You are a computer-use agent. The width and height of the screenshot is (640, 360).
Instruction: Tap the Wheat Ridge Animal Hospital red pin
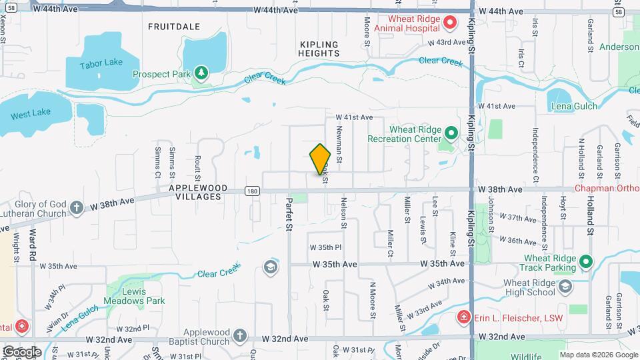[449, 24]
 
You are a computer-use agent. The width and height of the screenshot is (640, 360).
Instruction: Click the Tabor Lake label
[101, 64]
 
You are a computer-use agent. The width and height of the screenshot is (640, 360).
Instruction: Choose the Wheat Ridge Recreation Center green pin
[451, 134]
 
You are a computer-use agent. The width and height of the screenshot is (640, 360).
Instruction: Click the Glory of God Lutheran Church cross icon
[77, 208]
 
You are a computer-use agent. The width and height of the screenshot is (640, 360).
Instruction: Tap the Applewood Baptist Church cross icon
[239, 335]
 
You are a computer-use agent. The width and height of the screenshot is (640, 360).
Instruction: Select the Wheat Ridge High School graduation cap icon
[565, 287]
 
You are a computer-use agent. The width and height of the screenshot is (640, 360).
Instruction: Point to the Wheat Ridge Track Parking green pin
[585, 263]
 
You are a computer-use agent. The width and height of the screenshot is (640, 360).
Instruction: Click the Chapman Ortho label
[607, 190]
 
